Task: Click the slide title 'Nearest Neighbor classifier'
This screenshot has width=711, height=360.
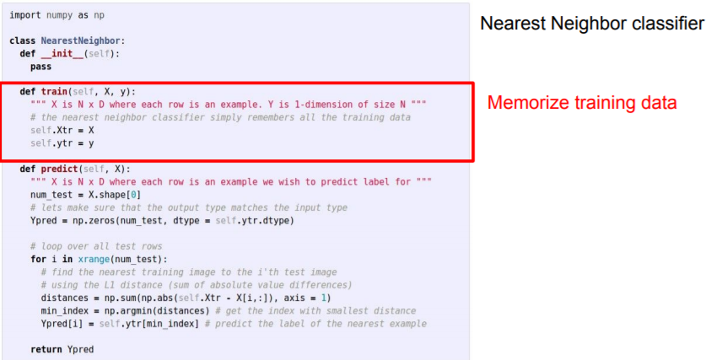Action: click(591, 24)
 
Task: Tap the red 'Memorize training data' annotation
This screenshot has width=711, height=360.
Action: click(582, 103)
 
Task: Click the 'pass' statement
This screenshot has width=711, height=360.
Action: click(40, 66)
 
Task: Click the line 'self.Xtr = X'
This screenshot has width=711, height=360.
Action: click(62, 131)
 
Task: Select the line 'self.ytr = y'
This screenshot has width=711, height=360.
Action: click(62, 143)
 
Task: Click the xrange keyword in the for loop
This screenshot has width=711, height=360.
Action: click(93, 259)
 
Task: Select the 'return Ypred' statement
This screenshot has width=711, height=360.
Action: click(62, 348)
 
